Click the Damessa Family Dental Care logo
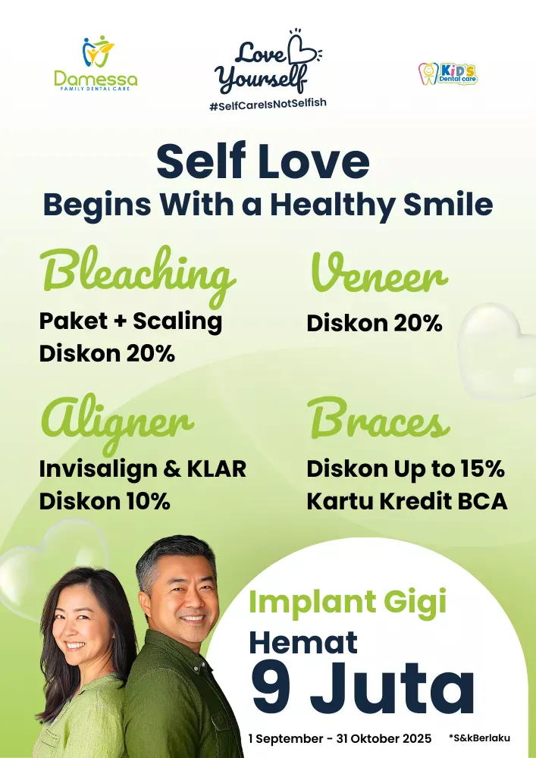(96, 63)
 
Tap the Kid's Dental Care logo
(448, 74)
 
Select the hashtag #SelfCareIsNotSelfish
(268, 104)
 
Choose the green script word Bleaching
(138, 274)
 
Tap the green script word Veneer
(379, 273)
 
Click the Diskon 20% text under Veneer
(375, 323)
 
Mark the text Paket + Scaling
(130, 321)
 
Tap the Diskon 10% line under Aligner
(105, 501)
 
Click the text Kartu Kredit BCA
(407, 501)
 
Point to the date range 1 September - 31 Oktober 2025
(340, 738)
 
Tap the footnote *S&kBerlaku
(479, 738)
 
